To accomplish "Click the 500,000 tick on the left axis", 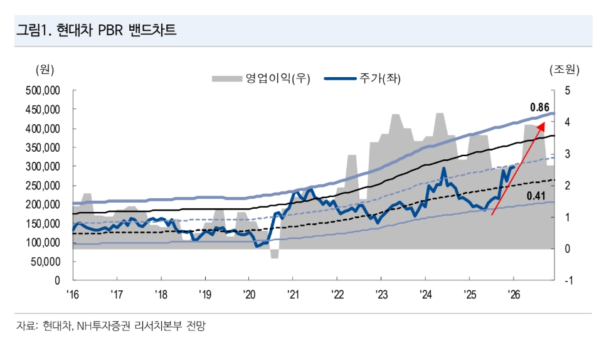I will [x=43, y=90].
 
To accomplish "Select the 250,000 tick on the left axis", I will [x=43, y=186].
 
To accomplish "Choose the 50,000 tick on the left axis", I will [x=45, y=262].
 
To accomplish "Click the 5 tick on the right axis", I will [x=568, y=90].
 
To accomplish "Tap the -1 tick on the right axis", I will [x=569, y=280].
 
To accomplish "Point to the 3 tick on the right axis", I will [x=568, y=154].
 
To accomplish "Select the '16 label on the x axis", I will [x=73, y=293].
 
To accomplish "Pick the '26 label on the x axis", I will [x=513, y=293].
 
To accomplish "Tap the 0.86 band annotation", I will [x=539, y=107].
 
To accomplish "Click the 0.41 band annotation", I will [x=535, y=196].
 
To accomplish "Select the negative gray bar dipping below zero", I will [x=274, y=253].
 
